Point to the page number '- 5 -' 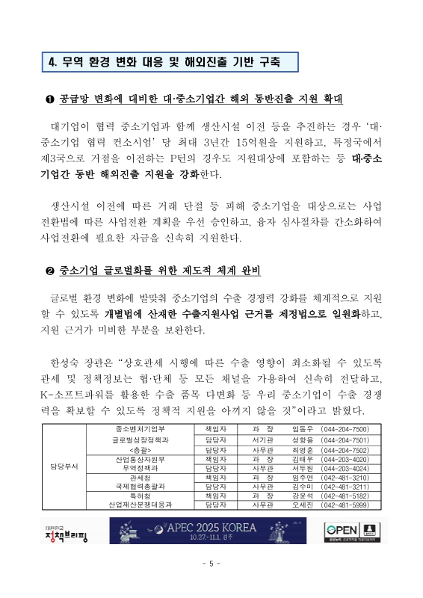211,564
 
